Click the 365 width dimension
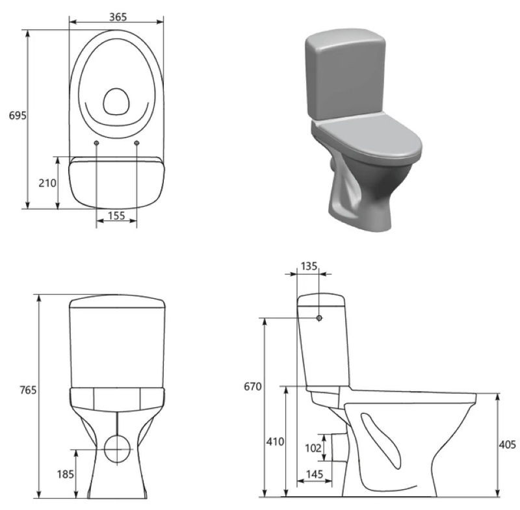[x=118, y=17]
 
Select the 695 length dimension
[x=18, y=116]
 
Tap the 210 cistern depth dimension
[x=47, y=183]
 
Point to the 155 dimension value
[x=116, y=216]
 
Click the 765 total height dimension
[x=28, y=390]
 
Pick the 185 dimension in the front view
[x=66, y=474]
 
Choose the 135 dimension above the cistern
[x=309, y=266]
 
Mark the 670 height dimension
[x=253, y=387]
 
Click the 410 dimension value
[x=275, y=441]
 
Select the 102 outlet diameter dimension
[x=313, y=448]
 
